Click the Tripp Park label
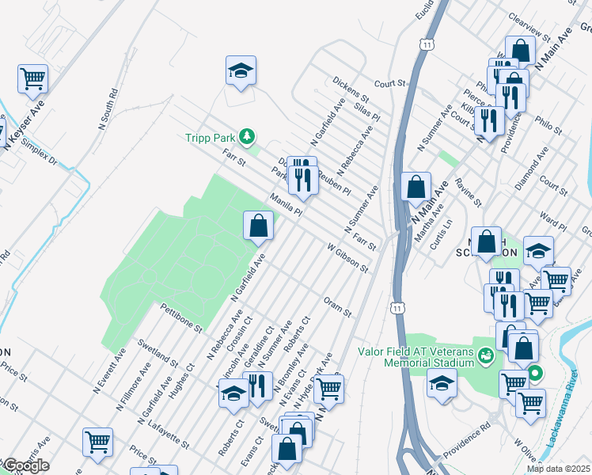211,137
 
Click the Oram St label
337,306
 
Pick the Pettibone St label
181,316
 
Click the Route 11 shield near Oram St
397,306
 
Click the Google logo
25,465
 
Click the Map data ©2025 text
559,469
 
